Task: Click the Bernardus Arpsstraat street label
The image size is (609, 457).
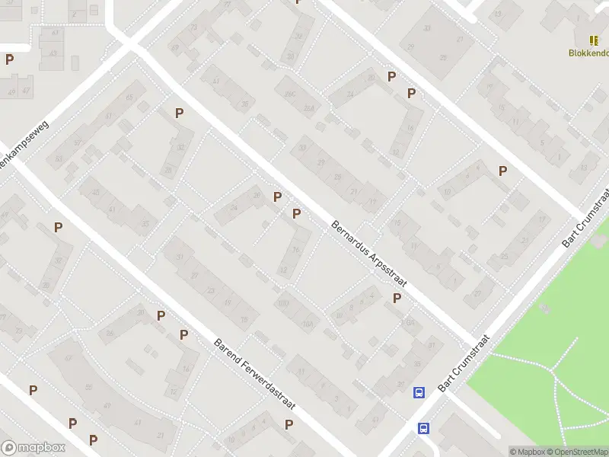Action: click(x=369, y=254)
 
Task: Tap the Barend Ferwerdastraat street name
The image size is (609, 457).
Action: click(x=255, y=374)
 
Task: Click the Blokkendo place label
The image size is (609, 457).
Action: click(x=588, y=53)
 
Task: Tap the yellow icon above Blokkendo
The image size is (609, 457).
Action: click(x=594, y=40)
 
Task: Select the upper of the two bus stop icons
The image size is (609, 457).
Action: click(x=419, y=392)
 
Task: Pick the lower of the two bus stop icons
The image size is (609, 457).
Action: click(x=423, y=428)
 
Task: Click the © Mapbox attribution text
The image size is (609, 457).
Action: click(x=526, y=452)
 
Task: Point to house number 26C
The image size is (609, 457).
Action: click(x=289, y=94)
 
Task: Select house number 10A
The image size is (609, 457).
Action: click(x=308, y=323)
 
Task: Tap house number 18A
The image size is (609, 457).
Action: click(x=410, y=323)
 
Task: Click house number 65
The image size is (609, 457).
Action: click(x=129, y=97)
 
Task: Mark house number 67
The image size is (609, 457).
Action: click(x=68, y=358)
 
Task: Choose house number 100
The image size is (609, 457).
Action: click(x=283, y=304)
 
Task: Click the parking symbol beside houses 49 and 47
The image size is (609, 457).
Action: click(x=10, y=59)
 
